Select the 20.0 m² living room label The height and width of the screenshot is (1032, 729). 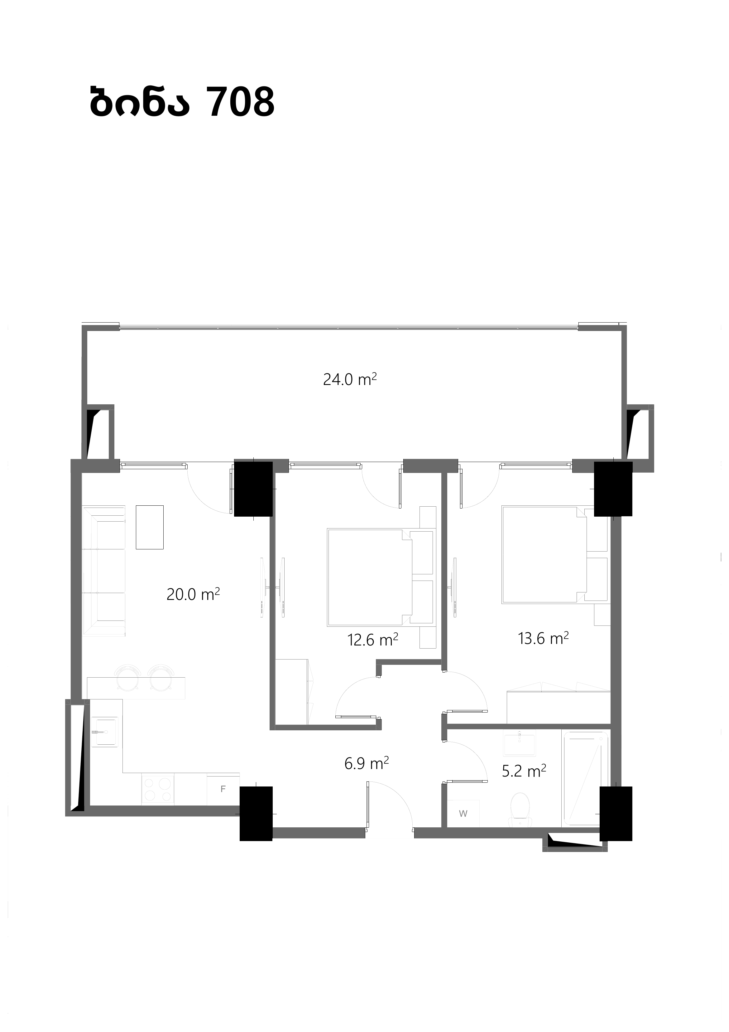tap(193, 594)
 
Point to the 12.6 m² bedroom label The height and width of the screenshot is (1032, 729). tap(373, 639)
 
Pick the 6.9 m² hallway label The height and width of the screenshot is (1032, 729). tap(367, 763)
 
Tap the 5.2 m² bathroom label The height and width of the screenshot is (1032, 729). tap(524, 771)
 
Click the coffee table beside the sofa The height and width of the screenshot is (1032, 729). tap(150, 527)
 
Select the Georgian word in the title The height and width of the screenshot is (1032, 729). tap(139, 102)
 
